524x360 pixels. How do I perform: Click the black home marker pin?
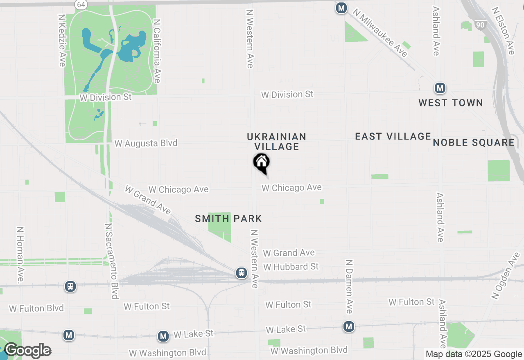point(261,163)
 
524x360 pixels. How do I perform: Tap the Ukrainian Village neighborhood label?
point(277,142)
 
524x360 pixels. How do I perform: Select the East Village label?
point(393,137)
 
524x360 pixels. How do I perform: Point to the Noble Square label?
point(474,142)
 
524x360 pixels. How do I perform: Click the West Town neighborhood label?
point(451,103)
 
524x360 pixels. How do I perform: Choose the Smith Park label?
point(228,219)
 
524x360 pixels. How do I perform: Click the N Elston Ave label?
point(504,31)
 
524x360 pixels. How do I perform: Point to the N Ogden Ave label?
point(506,276)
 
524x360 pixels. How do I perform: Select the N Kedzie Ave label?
point(62,40)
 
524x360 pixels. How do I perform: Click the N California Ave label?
point(156,51)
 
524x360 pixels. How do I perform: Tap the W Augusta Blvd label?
point(146,143)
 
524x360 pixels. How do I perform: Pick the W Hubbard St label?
point(291,267)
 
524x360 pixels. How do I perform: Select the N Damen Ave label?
point(349,286)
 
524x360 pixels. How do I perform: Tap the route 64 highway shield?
point(80,4)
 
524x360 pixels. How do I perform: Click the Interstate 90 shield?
point(481,25)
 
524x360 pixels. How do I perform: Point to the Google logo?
point(27,351)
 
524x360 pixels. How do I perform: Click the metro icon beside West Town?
point(440,88)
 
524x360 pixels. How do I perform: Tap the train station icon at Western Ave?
point(242,273)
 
